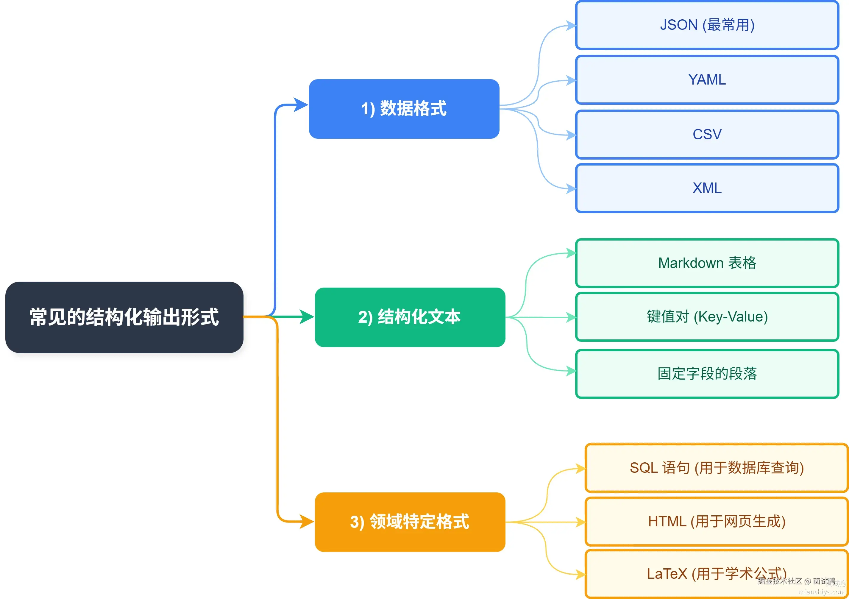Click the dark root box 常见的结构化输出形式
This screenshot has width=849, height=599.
(x=124, y=317)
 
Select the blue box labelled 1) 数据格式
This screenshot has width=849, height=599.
(x=404, y=109)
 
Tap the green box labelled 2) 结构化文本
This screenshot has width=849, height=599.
(x=410, y=317)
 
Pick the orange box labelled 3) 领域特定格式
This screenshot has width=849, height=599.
(x=410, y=522)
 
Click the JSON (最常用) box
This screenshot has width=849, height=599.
(x=707, y=25)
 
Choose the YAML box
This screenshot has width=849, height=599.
(x=707, y=80)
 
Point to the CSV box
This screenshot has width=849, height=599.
(x=707, y=134)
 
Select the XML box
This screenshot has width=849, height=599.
(x=707, y=188)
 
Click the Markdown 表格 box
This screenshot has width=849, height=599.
(x=707, y=263)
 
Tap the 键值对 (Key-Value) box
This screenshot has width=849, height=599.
(x=707, y=317)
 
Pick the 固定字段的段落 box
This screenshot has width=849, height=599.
(x=707, y=373)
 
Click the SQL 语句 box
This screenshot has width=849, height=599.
(x=716, y=468)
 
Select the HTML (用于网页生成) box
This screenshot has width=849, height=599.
(x=716, y=521)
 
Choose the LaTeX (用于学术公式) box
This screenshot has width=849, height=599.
(x=716, y=573)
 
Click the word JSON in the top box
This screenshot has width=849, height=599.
(x=678, y=25)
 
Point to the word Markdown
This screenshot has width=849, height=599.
(x=690, y=263)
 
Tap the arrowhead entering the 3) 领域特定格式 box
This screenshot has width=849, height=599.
(x=307, y=522)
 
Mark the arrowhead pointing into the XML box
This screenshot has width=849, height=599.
(x=571, y=189)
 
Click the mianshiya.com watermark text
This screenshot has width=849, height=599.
(x=822, y=592)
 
